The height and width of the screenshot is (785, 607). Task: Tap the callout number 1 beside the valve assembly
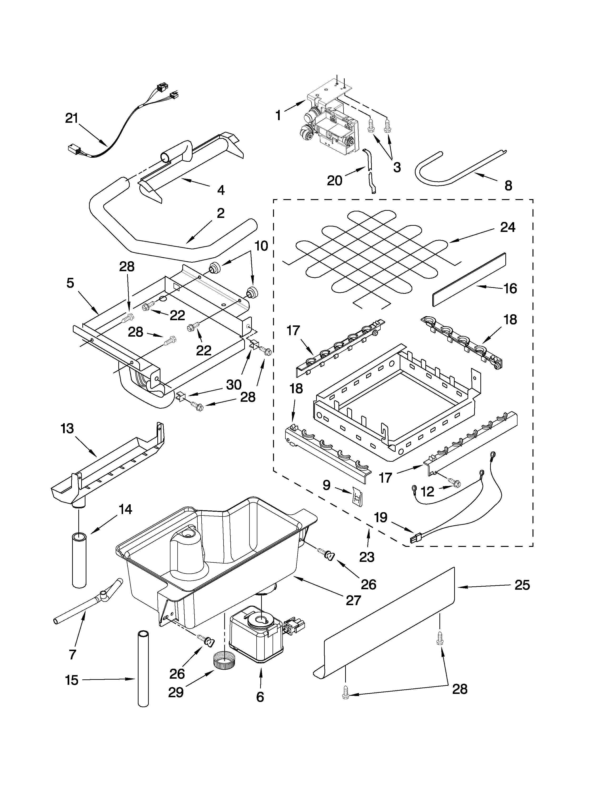pyautogui.click(x=278, y=115)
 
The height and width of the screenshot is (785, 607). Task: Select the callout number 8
pyautogui.click(x=508, y=186)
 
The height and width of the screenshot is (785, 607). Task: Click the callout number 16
pyautogui.click(x=510, y=288)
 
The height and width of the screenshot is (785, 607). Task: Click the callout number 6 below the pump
pyautogui.click(x=260, y=697)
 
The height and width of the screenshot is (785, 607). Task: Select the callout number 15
pyautogui.click(x=72, y=680)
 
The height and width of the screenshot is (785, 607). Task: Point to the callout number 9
pyautogui.click(x=326, y=486)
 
